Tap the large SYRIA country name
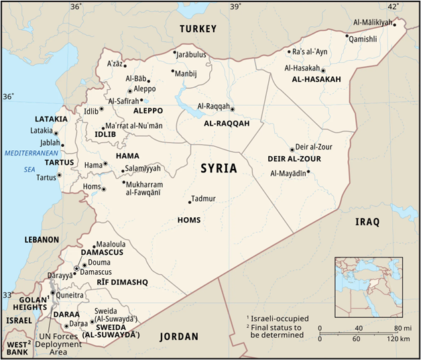(x=219, y=169)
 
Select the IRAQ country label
(x=367, y=222)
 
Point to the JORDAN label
(x=180, y=337)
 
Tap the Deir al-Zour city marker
(x=292, y=149)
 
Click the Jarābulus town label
(x=192, y=53)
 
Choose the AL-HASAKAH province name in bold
(x=316, y=80)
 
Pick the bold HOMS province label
(x=188, y=220)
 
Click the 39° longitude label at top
(x=235, y=6)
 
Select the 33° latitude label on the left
(x=7, y=294)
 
